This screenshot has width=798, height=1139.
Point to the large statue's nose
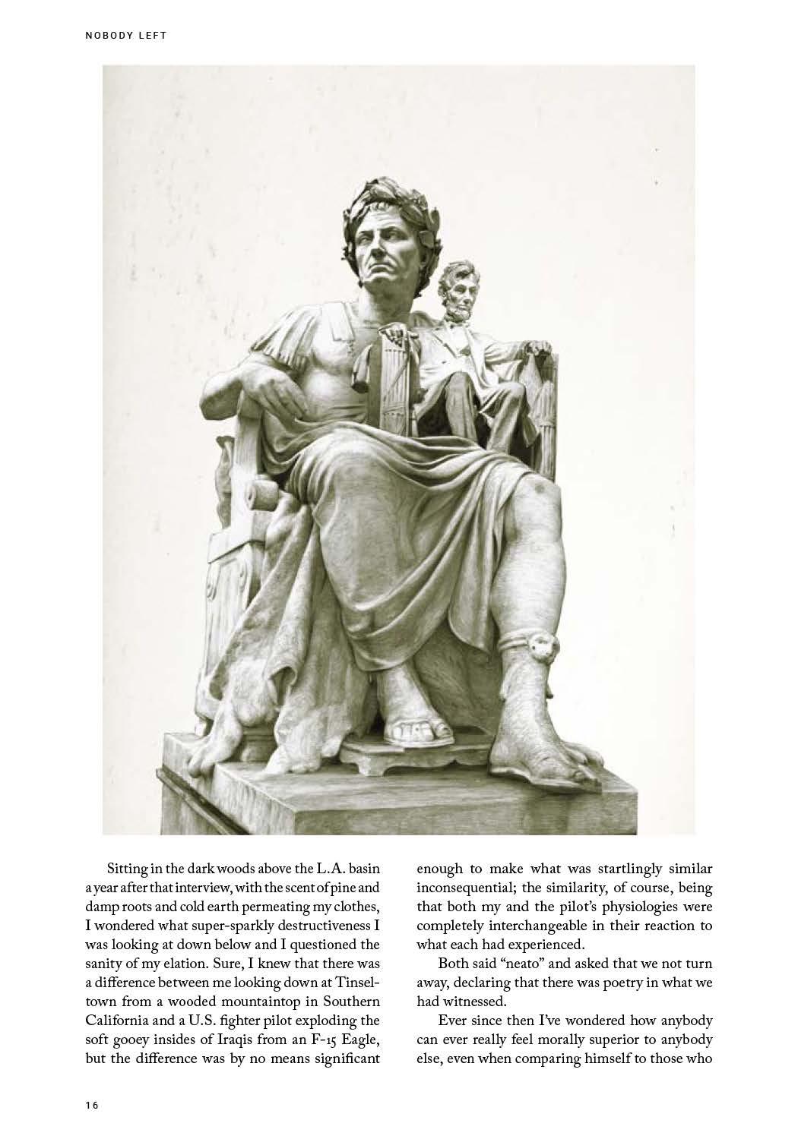click(368, 256)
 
